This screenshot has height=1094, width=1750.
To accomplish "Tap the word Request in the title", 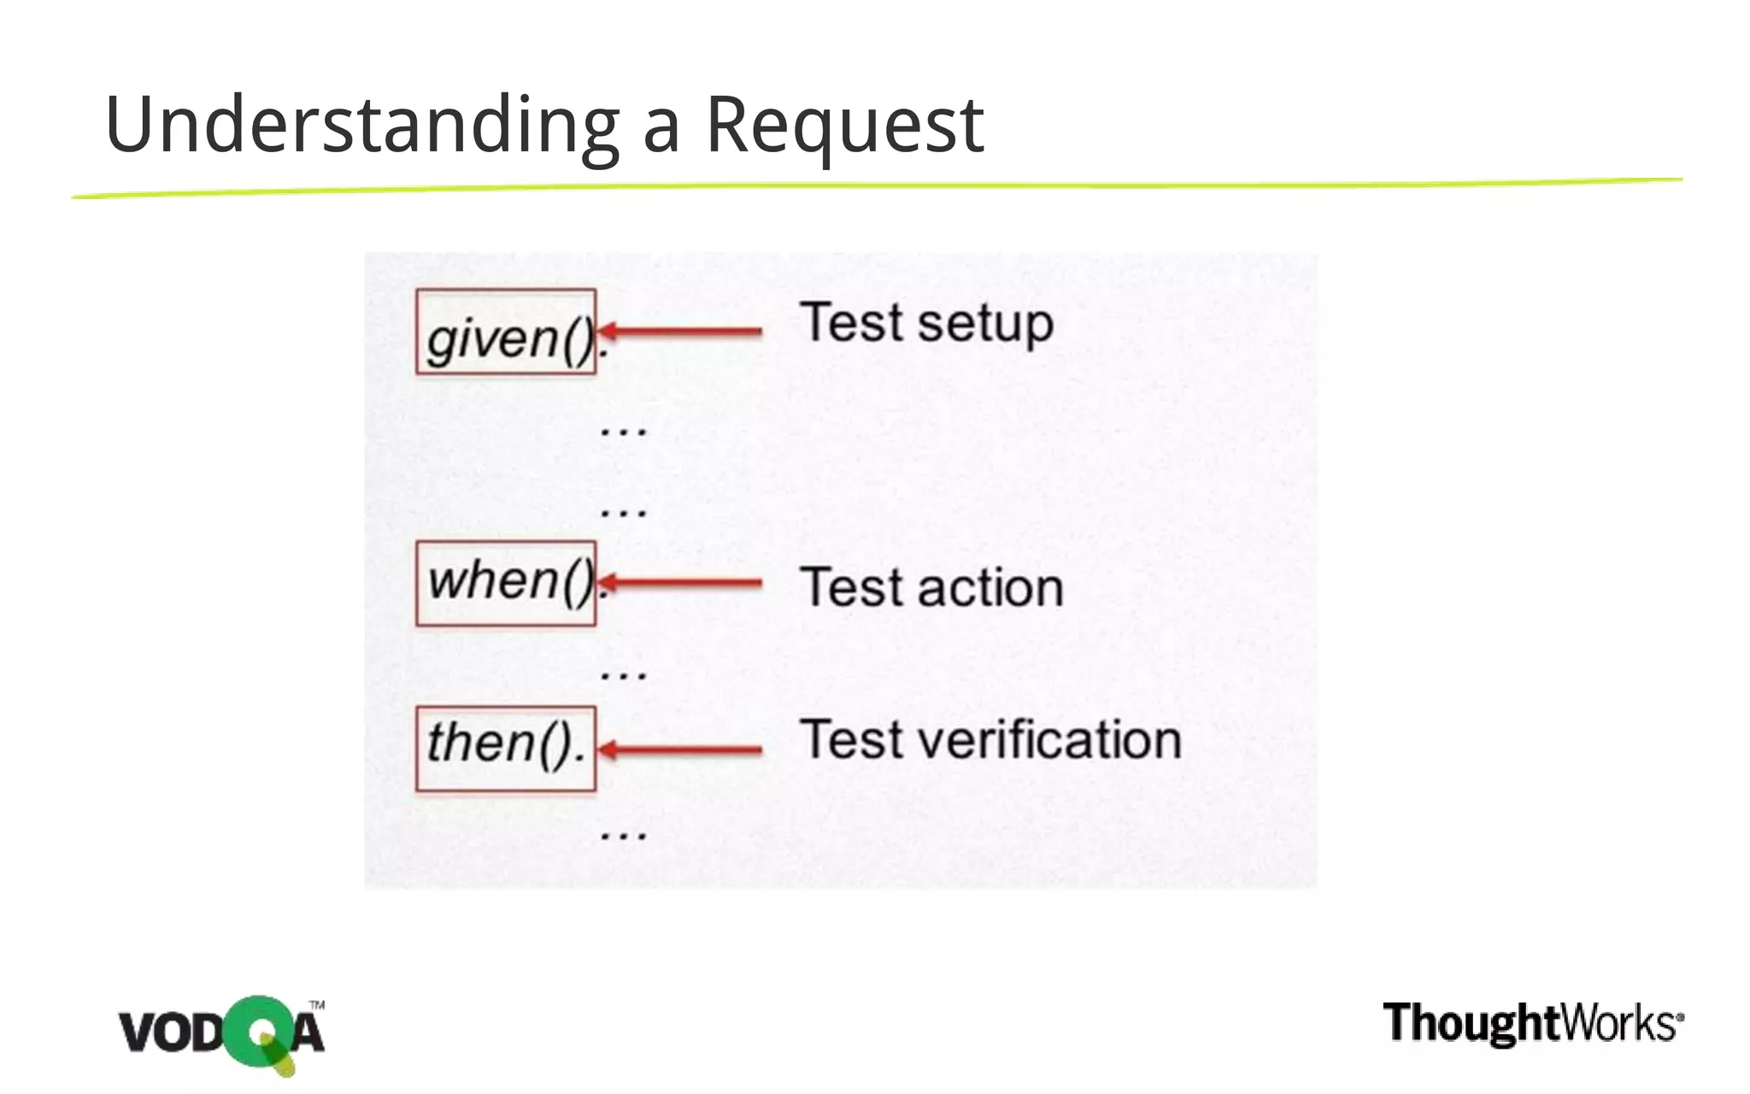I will click(844, 126).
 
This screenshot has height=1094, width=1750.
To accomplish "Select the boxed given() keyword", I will click(506, 332).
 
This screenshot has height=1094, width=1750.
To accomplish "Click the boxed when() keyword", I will click(506, 583).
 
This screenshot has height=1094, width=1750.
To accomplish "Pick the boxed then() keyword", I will click(506, 748).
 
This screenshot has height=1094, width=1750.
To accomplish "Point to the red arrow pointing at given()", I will click(681, 332).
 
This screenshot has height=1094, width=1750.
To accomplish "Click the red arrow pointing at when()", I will click(681, 584).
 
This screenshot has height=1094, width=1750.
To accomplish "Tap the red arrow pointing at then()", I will click(681, 750).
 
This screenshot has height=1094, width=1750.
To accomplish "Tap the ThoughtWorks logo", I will click(1533, 1023).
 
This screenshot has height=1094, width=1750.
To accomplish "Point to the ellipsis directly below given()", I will click(624, 431).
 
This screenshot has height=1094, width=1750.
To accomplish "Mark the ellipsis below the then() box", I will click(624, 834).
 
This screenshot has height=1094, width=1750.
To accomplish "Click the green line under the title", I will click(875, 187).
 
